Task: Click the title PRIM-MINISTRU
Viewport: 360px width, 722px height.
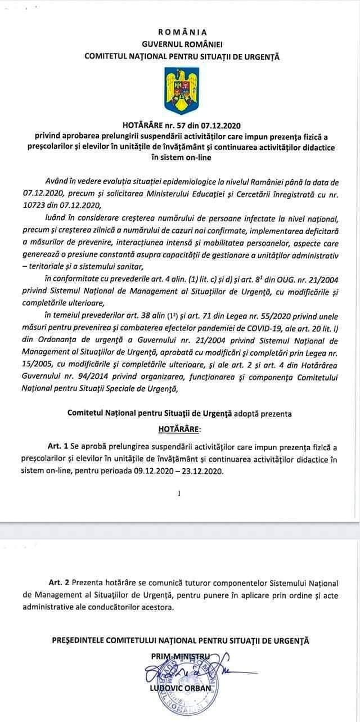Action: [x=181, y=656]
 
